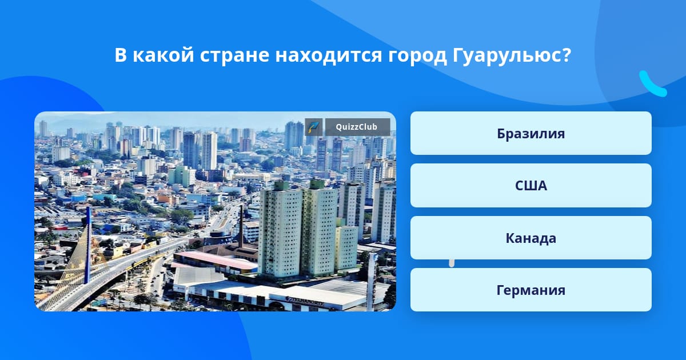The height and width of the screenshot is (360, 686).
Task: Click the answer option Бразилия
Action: (531, 133)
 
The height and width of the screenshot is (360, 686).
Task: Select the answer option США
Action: (531, 186)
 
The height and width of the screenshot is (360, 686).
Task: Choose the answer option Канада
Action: (531, 238)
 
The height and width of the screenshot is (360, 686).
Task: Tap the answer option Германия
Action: (531, 290)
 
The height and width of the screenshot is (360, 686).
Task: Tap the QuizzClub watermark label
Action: (357, 127)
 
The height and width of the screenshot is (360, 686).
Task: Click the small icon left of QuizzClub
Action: (314, 127)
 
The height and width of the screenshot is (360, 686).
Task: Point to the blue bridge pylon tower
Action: (88, 245)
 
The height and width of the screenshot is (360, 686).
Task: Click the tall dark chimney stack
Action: (241, 226)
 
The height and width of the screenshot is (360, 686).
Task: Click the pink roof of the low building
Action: (216, 260)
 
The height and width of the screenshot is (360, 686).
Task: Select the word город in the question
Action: (417, 57)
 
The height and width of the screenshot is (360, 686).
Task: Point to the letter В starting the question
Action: (121, 55)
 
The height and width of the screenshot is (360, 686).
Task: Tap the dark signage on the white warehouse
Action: (305, 301)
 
